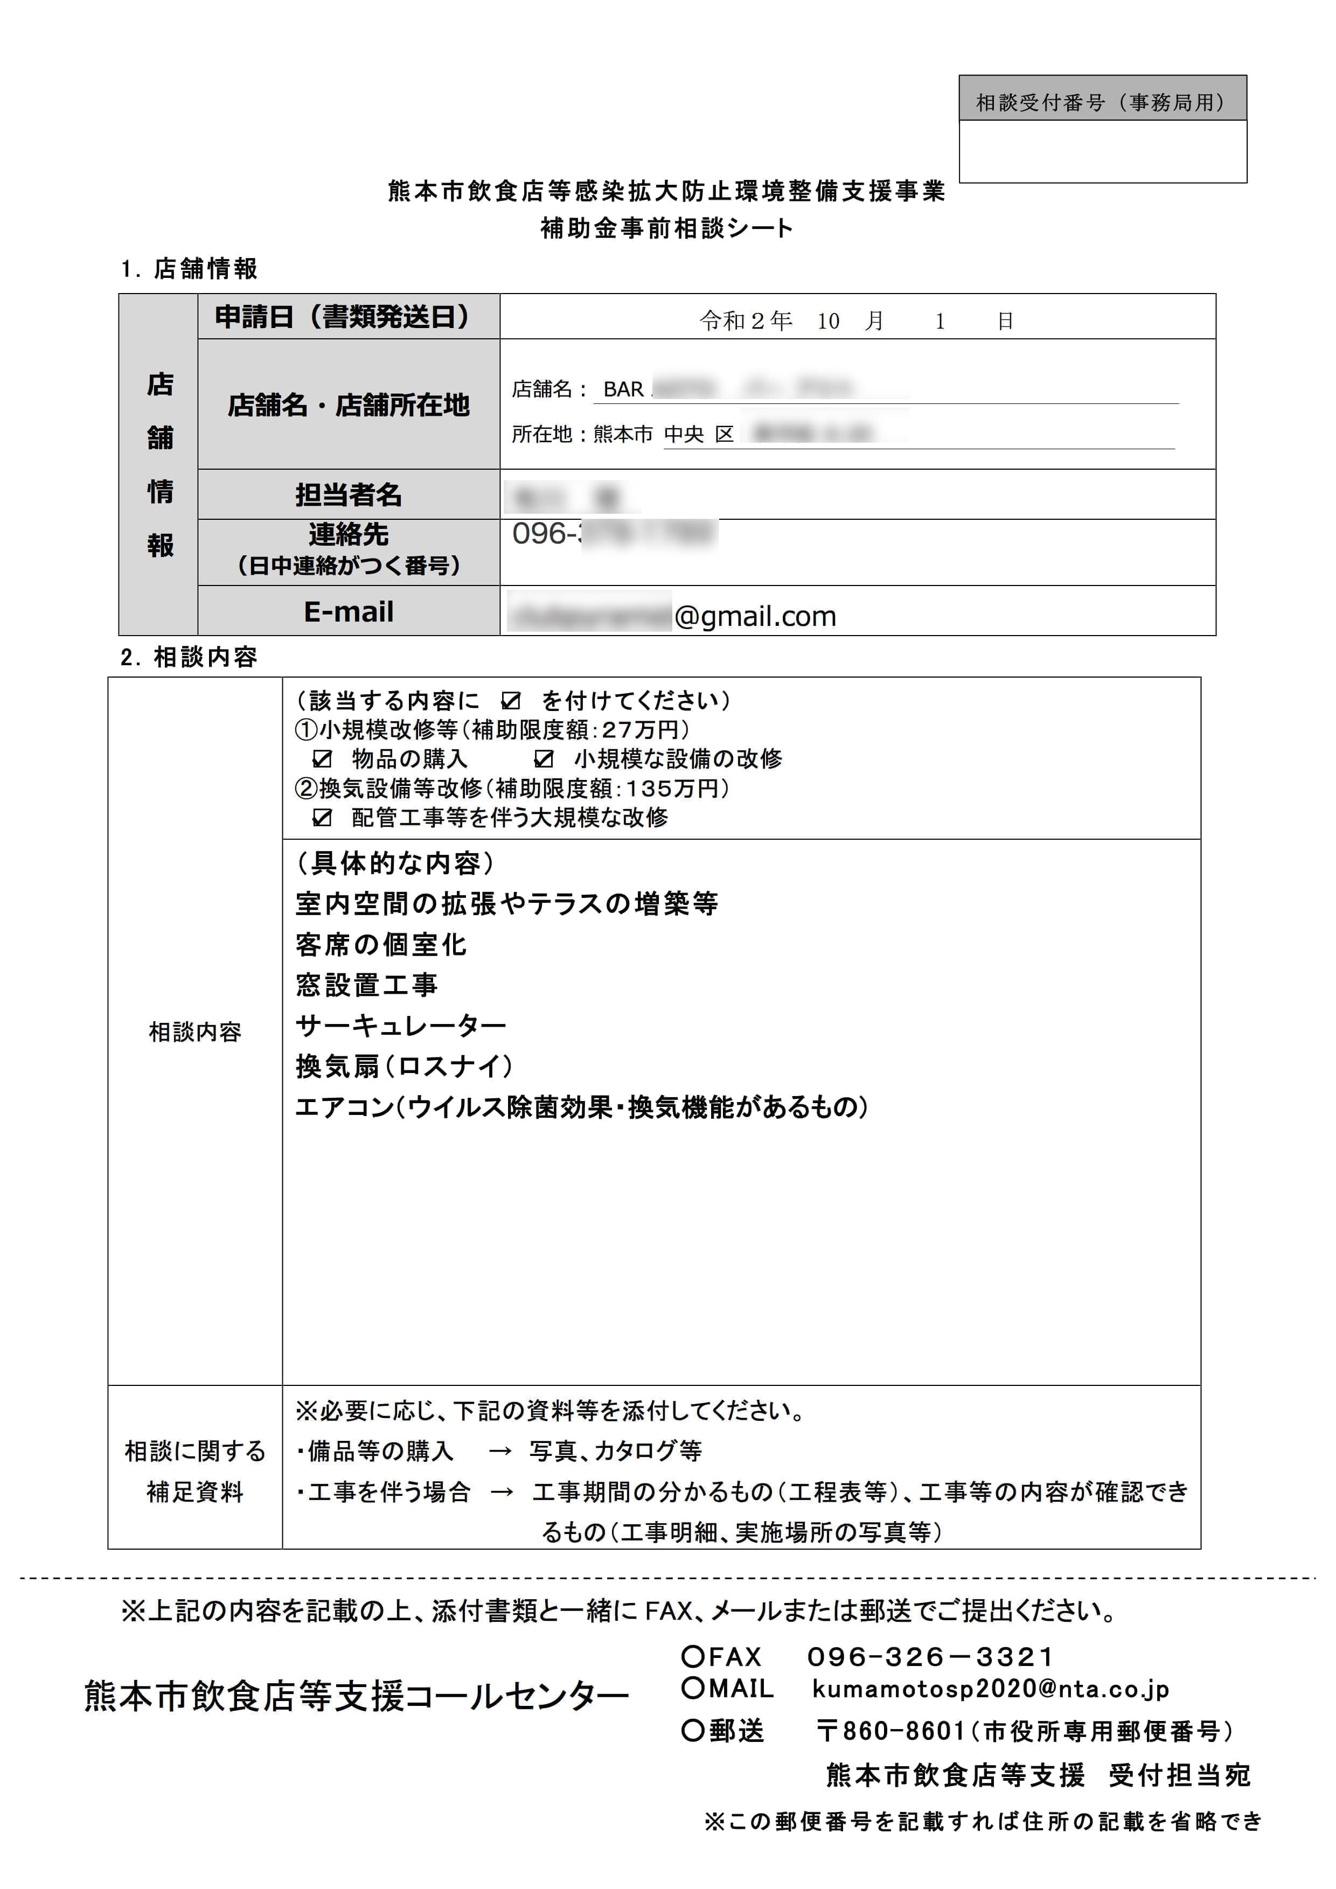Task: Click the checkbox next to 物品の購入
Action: click(x=323, y=758)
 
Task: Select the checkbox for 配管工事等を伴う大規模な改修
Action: click(x=323, y=818)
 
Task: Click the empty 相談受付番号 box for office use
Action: click(x=1102, y=151)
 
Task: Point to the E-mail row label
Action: click(x=348, y=611)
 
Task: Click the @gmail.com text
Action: click(x=754, y=616)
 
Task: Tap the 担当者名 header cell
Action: click(x=348, y=494)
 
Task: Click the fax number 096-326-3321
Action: click(x=930, y=1657)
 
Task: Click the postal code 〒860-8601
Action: click(x=891, y=1731)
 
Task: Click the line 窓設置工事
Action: click(x=366, y=985)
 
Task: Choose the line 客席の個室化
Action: click(x=381, y=945)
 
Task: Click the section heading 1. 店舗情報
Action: click(x=189, y=269)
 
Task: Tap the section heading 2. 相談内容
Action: click(x=189, y=657)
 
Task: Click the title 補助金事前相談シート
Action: click(x=666, y=228)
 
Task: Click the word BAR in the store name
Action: click(x=623, y=389)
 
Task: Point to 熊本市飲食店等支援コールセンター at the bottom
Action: click(x=356, y=1697)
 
